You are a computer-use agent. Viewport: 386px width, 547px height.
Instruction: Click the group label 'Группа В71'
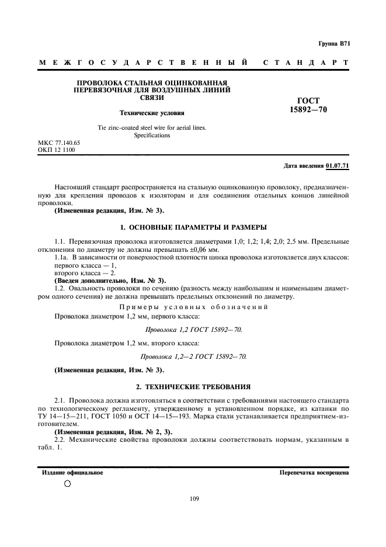point(333,43)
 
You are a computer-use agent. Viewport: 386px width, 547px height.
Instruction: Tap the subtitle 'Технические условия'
point(152,113)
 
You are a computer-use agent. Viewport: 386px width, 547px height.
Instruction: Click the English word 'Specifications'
point(152,135)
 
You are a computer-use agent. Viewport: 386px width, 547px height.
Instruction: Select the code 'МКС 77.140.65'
point(59,143)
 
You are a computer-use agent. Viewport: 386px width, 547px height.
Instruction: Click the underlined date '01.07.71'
point(338,166)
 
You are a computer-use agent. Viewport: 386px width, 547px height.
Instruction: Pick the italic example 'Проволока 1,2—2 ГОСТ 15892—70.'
point(193,356)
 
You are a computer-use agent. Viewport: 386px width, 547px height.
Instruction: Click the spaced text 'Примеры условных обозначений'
point(193,306)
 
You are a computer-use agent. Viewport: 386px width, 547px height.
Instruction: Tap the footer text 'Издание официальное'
point(72,472)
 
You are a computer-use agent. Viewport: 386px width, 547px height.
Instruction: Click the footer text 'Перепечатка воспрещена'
point(314,472)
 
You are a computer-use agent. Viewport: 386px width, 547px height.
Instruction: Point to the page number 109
point(194,498)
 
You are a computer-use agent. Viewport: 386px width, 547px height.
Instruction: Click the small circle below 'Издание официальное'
point(67,484)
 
